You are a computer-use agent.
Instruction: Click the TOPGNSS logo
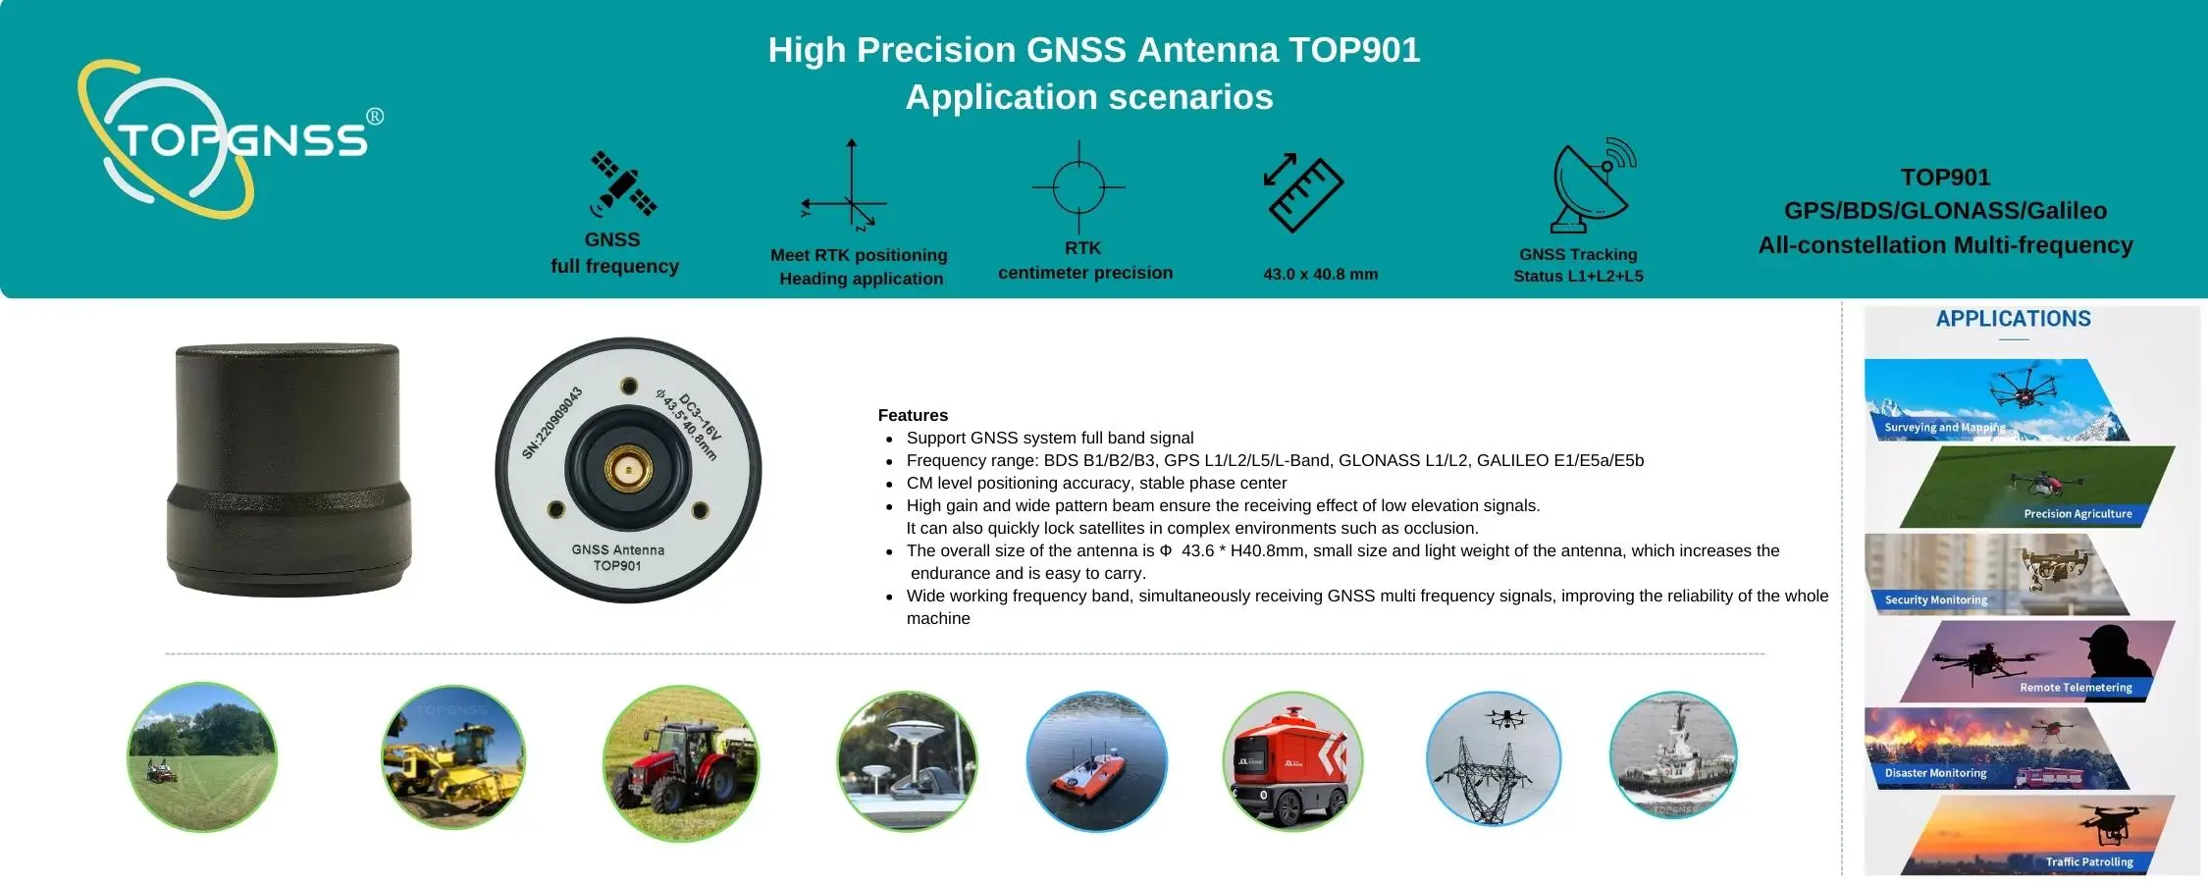coord(230,139)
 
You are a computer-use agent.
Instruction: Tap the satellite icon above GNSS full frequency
coord(622,183)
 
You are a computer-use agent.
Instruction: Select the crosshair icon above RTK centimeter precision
coord(1078,186)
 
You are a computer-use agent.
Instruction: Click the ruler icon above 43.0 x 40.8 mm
coord(1303,192)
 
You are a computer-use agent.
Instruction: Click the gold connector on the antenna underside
coord(628,469)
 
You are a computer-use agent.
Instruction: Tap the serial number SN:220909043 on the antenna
coord(552,423)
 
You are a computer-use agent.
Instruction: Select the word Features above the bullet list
coord(913,415)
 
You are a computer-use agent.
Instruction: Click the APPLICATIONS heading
coord(2013,319)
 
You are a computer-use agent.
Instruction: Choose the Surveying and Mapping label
coord(1945,428)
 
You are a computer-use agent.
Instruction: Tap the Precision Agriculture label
coord(2077,514)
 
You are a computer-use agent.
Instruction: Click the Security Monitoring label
coord(1935,600)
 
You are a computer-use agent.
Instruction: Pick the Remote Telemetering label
coord(2076,688)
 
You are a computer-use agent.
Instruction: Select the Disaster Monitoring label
coord(1935,773)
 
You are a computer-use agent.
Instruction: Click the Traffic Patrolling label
coord(2089,862)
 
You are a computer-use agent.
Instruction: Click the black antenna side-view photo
coord(288,469)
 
